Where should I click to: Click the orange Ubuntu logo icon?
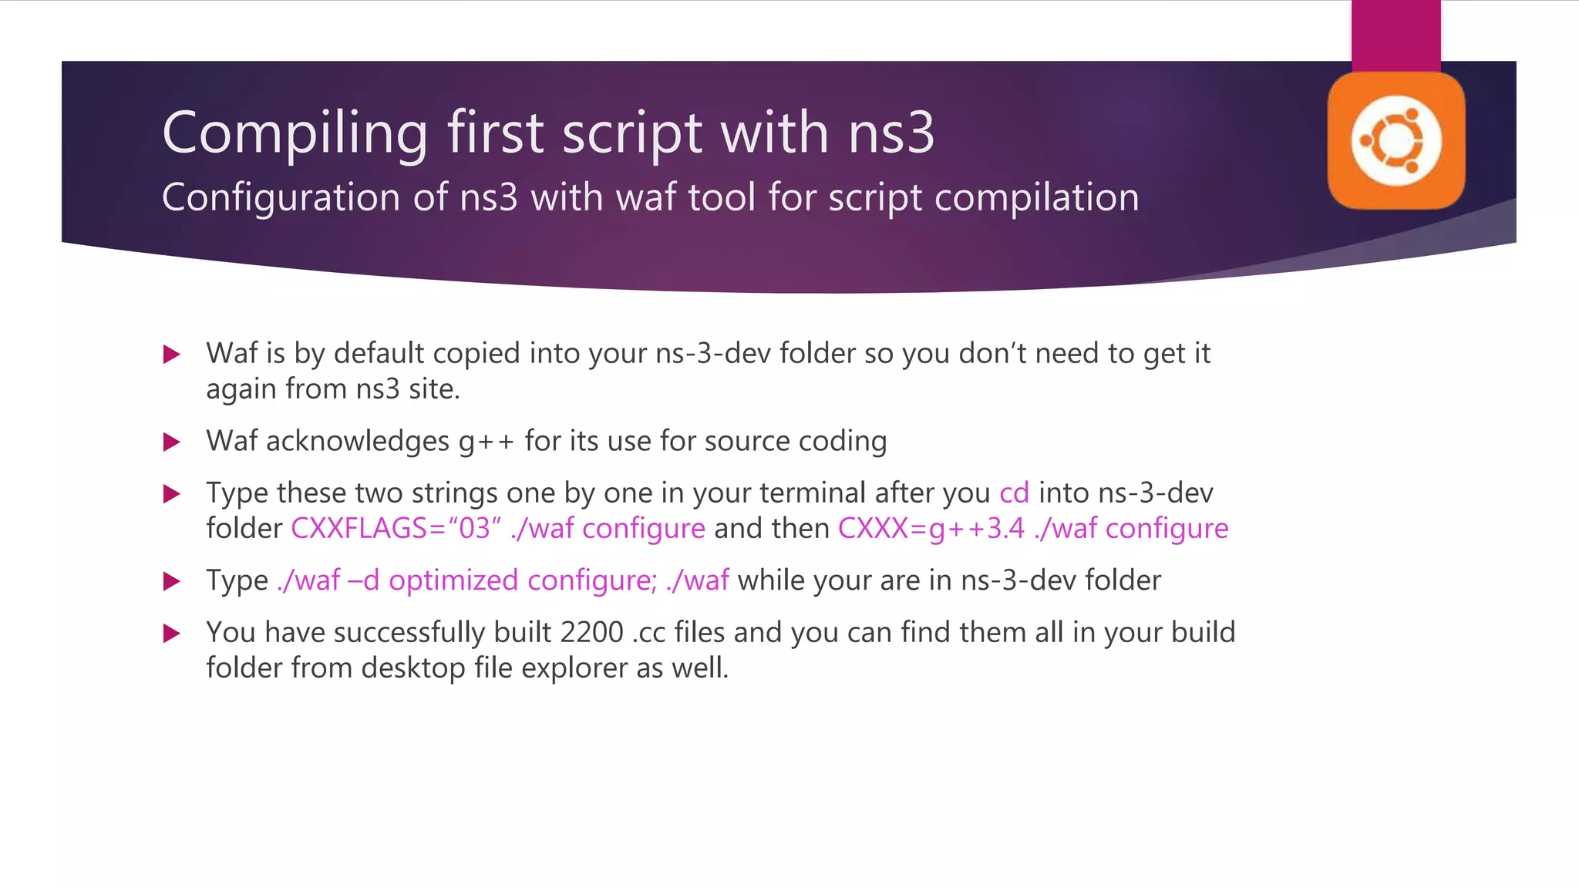[1396, 141]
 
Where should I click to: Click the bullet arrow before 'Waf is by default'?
[171, 355]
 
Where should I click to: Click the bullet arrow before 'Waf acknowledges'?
[171, 442]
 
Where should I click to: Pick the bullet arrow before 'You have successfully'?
[171, 634]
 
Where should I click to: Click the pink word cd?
[1014, 493]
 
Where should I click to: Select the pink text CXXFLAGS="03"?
[396, 529]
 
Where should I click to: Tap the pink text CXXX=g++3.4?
[931, 529]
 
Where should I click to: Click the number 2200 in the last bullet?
[591, 632]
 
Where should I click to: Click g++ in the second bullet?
[486, 442]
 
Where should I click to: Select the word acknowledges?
[357, 442]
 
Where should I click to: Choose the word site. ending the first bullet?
[433, 389]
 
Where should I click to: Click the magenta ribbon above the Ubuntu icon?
[1396, 35]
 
